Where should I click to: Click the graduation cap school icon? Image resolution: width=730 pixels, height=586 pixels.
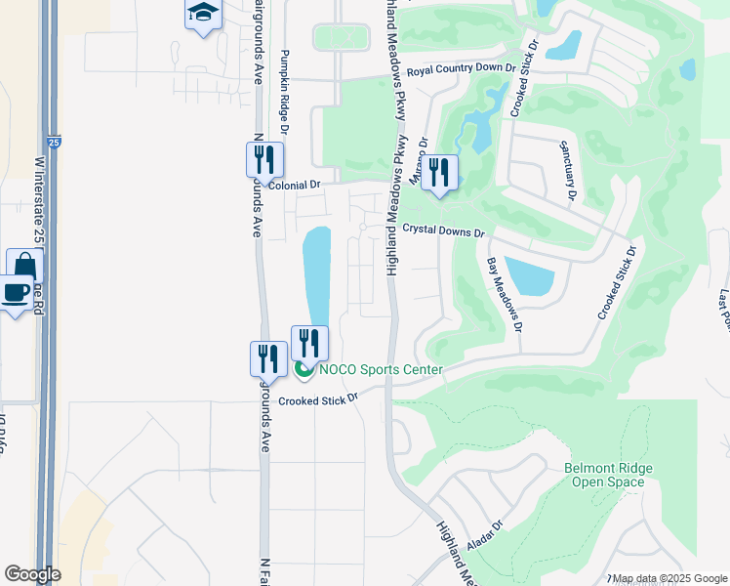pos(203,14)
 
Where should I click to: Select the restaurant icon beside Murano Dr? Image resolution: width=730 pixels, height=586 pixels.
pos(439,174)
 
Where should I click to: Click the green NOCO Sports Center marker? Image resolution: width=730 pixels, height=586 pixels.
pos(304,369)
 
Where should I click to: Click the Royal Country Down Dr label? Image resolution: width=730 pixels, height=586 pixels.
pos(461,68)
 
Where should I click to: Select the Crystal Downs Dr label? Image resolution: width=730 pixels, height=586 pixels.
pos(443,230)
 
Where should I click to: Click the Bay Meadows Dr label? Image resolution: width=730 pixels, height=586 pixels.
pos(506,293)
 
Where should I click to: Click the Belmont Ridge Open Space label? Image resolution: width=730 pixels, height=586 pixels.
pos(609,475)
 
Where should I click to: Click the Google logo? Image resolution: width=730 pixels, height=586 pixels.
pos(32,574)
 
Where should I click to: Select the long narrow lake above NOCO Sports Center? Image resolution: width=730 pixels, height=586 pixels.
pos(316,273)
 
